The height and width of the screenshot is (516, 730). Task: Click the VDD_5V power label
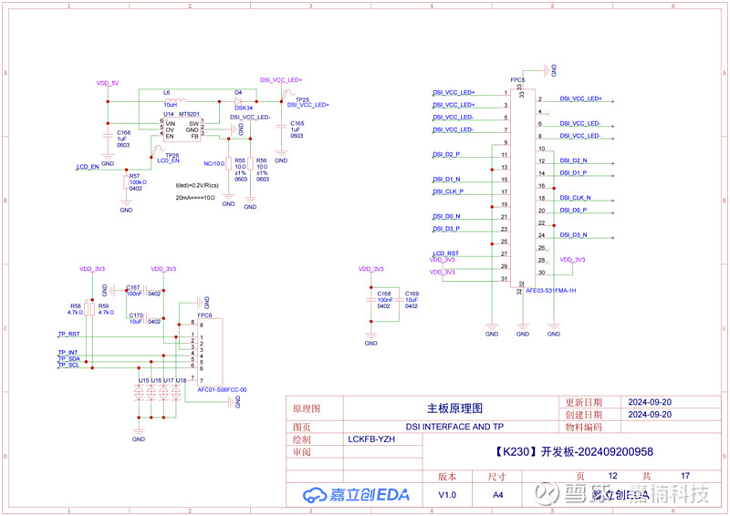tap(108, 83)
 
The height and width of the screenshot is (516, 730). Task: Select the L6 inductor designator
tap(167, 93)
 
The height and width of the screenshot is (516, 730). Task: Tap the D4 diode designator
tap(238, 93)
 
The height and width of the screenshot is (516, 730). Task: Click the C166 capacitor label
tap(122, 132)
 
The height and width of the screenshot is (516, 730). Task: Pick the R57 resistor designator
tap(134, 175)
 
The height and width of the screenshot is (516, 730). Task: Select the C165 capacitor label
tap(297, 122)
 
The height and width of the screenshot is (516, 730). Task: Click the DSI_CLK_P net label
tap(448, 191)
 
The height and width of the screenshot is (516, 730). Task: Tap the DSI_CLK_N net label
tap(575, 198)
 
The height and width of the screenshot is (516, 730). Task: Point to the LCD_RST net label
tap(445, 253)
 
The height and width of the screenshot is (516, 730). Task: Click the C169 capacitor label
tap(412, 294)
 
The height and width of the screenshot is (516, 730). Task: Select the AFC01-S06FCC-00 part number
tap(223, 389)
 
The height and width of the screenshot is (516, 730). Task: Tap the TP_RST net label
tap(69, 335)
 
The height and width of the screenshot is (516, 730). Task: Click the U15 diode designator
tap(143, 380)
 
